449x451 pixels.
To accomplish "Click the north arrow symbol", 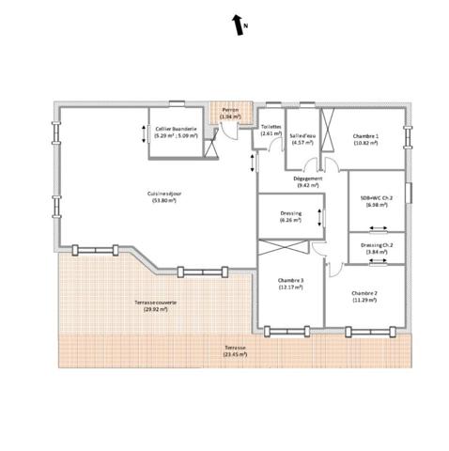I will click(238, 24).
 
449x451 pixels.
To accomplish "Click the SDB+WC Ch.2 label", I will click(376, 200).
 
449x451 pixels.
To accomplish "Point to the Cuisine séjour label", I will click(163, 194).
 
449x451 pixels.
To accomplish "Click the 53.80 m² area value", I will click(163, 201).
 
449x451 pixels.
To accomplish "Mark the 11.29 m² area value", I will click(364, 301).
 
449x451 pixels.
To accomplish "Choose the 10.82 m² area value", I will click(365, 144).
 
